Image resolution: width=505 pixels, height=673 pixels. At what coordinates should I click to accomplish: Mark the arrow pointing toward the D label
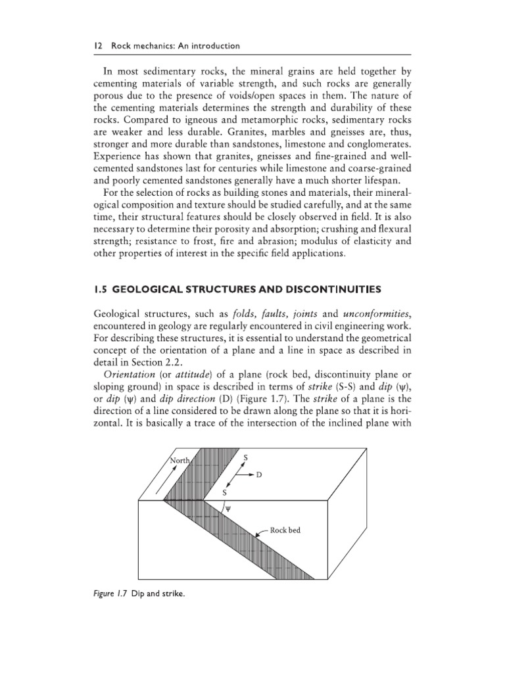[243, 474]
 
